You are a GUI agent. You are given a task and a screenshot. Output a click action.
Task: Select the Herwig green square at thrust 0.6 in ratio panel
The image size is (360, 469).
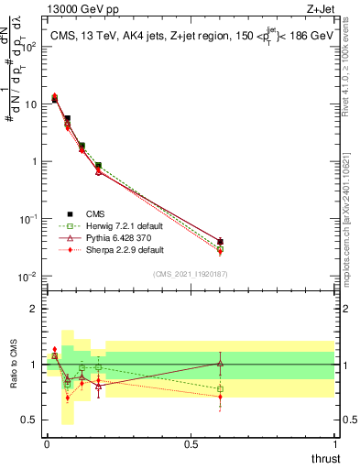click(220, 388)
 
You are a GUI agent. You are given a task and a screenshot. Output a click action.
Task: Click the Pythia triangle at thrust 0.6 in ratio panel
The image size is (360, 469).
click(220, 364)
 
